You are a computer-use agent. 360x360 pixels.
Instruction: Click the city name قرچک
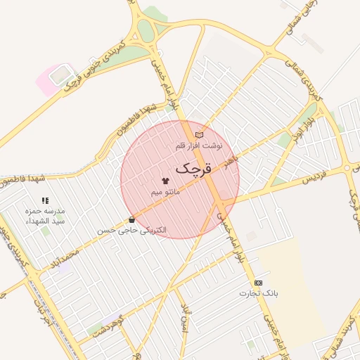192,169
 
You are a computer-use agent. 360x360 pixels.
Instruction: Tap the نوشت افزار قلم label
199,146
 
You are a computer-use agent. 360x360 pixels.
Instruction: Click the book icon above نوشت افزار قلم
199,134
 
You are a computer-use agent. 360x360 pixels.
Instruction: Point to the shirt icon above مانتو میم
165,181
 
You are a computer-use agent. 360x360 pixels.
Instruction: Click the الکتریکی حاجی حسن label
134,230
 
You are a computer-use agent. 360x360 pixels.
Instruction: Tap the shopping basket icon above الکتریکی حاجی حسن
131,219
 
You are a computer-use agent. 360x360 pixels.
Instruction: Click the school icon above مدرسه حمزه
45,200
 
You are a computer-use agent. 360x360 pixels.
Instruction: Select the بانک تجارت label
259,292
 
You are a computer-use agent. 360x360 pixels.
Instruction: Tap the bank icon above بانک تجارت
258,282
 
